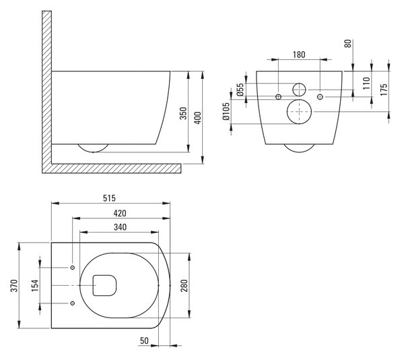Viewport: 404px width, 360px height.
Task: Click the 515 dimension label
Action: (109, 198)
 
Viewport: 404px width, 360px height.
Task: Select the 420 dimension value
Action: (120, 213)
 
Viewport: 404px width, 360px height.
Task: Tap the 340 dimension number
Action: (121, 227)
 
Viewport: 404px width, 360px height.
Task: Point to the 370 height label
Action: (14, 285)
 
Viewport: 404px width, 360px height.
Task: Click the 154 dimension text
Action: (35, 285)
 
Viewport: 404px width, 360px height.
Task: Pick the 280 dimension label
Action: (184, 285)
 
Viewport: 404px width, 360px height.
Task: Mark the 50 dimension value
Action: (144, 340)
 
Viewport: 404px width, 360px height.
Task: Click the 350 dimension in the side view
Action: (183, 113)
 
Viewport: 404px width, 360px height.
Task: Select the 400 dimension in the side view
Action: (197, 118)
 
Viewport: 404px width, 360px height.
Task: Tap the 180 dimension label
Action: (299, 55)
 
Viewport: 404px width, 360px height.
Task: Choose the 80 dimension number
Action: (348, 43)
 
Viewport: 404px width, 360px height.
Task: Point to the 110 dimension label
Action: (366, 84)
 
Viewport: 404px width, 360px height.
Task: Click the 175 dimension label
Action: (384, 90)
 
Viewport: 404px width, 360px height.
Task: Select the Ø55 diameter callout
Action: (240, 90)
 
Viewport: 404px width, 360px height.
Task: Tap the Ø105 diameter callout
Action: (226, 111)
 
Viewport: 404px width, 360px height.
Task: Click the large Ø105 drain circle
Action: (299, 99)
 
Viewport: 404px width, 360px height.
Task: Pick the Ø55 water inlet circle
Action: (299, 84)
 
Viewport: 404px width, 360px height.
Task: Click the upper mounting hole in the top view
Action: (73, 268)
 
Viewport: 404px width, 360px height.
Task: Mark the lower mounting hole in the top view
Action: (73, 303)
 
